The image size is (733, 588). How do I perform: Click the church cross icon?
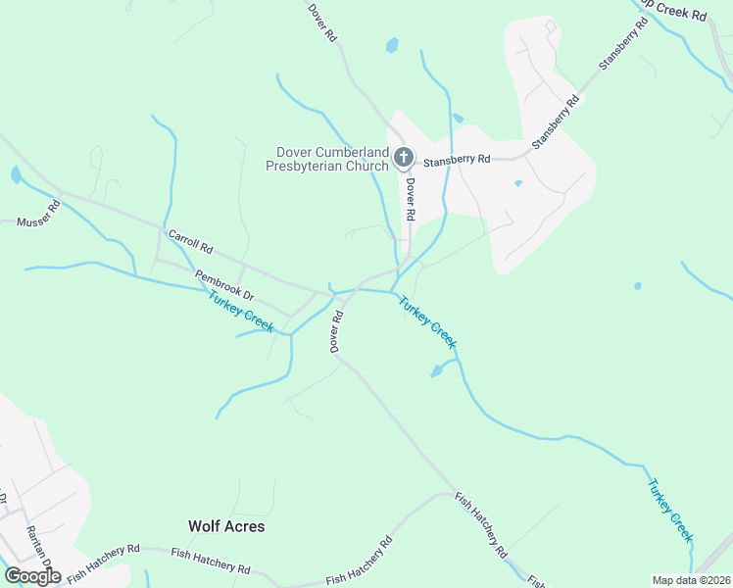click(x=403, y=157)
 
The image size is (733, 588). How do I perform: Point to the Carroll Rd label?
click(x=190, y=242)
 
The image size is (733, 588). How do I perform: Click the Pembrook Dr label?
click(x=224, y=285)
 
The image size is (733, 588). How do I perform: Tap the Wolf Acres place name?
click(x=226, y=526)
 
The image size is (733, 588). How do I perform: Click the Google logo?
click(x=32, y=576)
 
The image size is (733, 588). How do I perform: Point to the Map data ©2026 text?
click(x=692, y=580)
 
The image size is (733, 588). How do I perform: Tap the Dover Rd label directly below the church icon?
click(x=410, y=199)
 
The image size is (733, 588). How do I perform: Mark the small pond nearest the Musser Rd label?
click(x=16, y=175)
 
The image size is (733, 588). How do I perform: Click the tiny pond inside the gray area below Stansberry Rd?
click(x=517, y=182)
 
